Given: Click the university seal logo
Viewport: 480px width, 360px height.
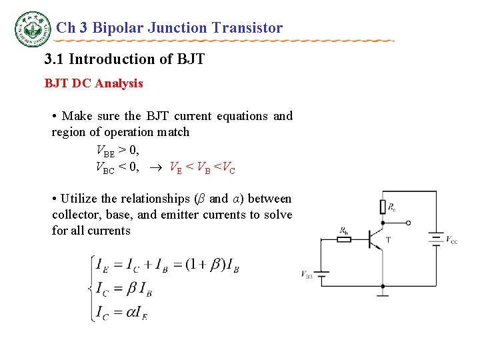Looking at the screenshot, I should pyautogui.click(x=33, y=29).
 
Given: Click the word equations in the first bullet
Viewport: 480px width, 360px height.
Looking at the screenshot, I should pyautogui.click(x=239, y=116).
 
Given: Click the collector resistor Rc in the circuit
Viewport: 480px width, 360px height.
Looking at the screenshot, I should pyautogui.click(x=383, y=207).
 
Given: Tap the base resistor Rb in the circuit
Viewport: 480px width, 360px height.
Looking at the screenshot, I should pyautogui.click(x=343, y=239).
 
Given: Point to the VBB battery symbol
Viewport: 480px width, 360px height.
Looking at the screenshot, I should pyautogui.click(x=321, y=273).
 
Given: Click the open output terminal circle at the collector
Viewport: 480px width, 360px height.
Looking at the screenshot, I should pyautogui.click(x=409, y=223).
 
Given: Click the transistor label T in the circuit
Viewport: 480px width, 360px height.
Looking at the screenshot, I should pyautogui.click(x=389, y=239).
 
